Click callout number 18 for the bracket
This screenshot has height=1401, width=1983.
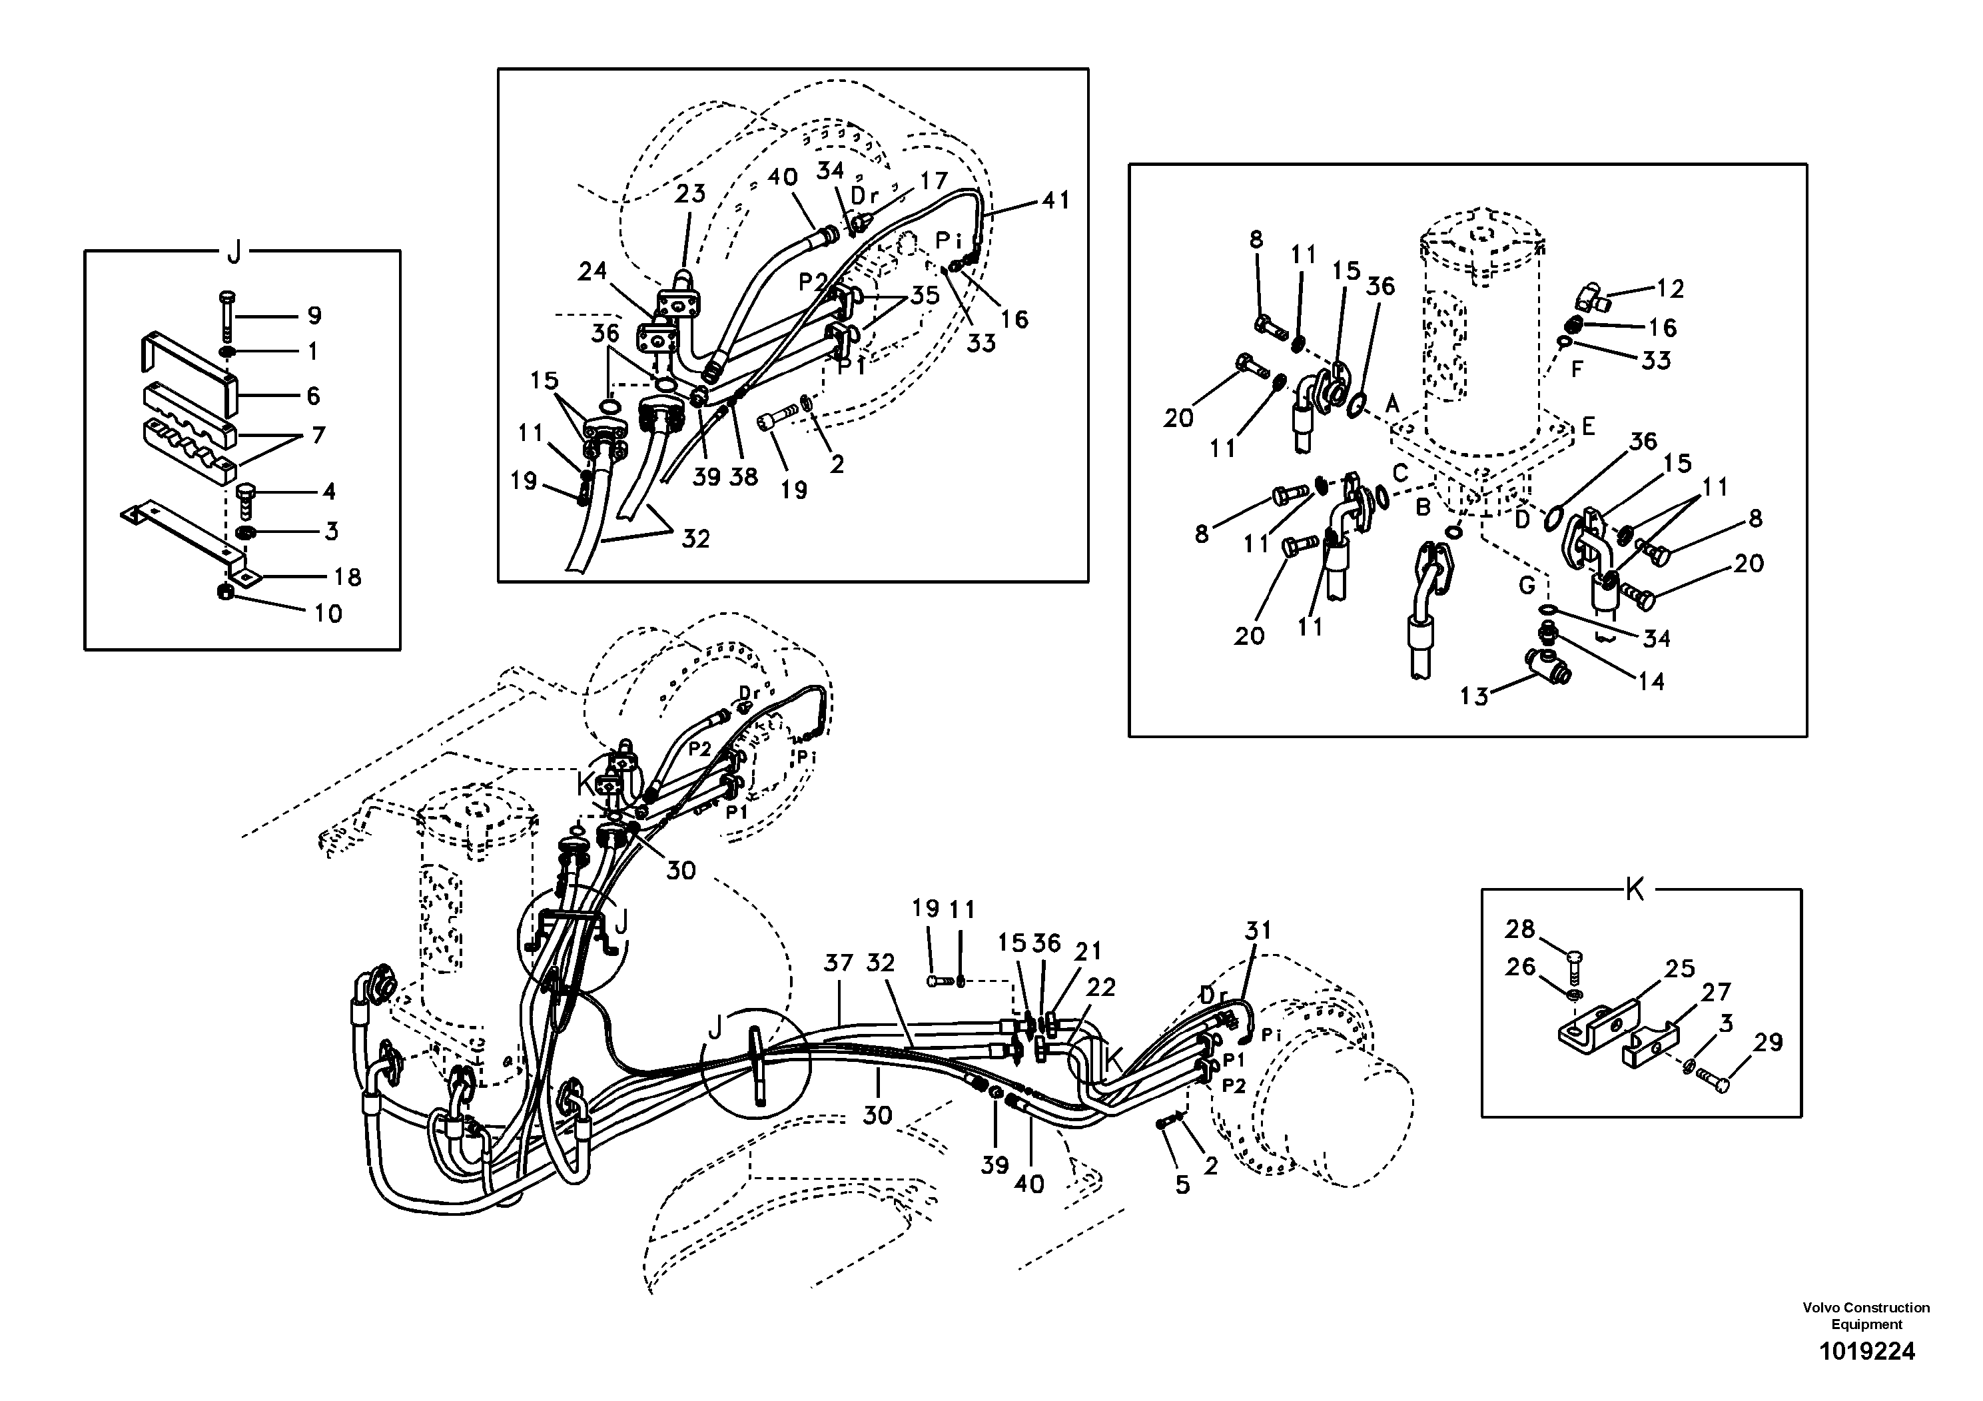pos(347,577)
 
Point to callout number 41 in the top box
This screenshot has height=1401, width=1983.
pos(1055,201)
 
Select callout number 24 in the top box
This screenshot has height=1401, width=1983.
pos(592,272)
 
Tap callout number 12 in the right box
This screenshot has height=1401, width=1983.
pos(1671,288)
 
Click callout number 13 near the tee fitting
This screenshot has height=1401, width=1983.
pos(1474,696)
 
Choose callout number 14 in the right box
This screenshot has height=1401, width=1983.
pos(1651,682)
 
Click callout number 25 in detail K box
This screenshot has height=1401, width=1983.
pos(1680,969)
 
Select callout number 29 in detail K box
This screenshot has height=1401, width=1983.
pos(1768,1043)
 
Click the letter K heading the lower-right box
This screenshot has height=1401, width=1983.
pos(1634,891)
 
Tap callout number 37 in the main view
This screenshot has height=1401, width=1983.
pos(838,963)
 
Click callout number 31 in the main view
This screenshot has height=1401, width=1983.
pos(1258,931)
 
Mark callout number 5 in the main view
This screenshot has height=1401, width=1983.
pos(1182,1185)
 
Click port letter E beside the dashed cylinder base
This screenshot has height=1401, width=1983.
pos(1588,426)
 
